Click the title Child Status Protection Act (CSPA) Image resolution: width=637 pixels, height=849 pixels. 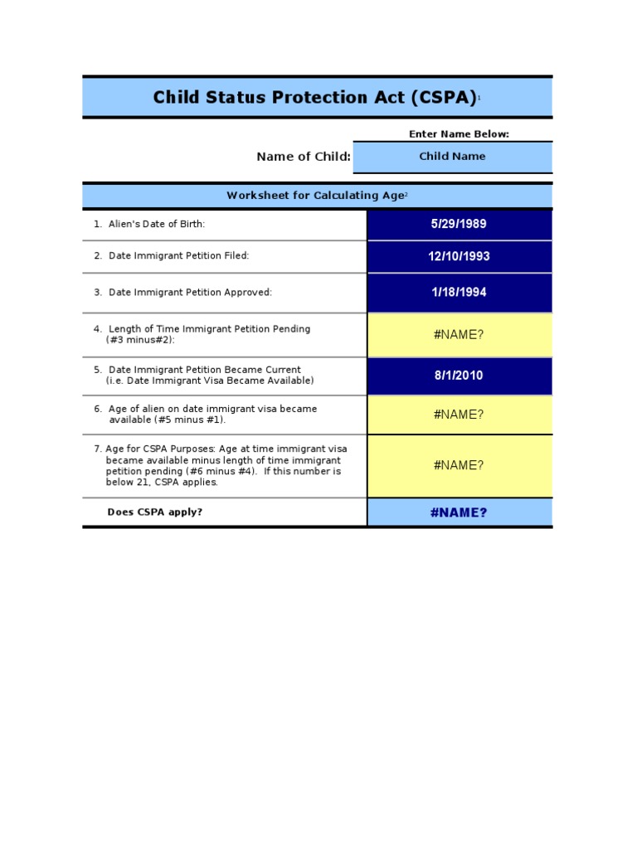tap(314, 98)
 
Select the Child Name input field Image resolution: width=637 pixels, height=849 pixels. tap(452, 157)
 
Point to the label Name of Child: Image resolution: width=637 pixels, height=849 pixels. tap(304, 157)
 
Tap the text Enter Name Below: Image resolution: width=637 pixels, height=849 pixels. tap(459, 133)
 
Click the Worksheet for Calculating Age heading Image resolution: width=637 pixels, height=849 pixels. tap(316, 196)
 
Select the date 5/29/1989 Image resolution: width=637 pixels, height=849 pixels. tap(459, 224)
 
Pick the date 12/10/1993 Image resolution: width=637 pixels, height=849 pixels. tap(459, 256)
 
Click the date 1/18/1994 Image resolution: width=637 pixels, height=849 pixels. tap(459, 293)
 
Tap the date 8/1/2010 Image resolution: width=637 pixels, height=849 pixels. tap(459, 376)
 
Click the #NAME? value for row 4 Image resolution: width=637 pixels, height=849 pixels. tap(459, 334)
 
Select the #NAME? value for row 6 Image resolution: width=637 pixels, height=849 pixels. tap(459, 415)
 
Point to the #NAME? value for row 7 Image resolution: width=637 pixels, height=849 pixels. tap(459, 465)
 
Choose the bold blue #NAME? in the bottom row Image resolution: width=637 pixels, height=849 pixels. tap(459, 512)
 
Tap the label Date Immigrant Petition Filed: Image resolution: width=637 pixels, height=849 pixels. tap(178, 256)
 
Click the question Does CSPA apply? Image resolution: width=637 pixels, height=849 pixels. tap(155, 512)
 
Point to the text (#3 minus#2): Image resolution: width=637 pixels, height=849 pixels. tap(140, 340)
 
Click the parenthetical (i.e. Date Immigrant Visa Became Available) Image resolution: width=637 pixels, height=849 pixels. tap(210, 381)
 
